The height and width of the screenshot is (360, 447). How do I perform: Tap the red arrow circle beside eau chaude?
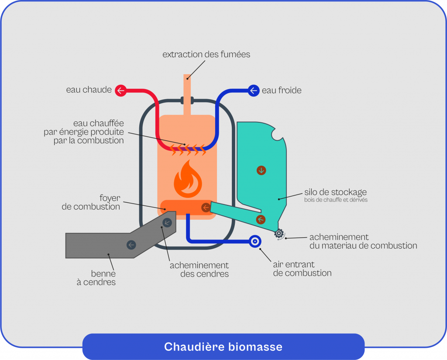[120, 91]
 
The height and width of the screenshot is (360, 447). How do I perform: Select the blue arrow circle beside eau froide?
[254, 91]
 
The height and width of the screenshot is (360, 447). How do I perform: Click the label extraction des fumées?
[206, 55]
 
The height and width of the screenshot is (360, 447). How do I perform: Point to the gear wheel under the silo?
[279, 234]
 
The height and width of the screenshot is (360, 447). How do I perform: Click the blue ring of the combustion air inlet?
[254, 241]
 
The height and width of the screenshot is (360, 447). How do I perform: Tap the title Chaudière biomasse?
[223, 347]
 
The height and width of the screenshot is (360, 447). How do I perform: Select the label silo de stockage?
[335, 192]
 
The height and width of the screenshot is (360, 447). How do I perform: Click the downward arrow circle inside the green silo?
[261, 170]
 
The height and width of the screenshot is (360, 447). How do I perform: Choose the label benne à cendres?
[103, 278]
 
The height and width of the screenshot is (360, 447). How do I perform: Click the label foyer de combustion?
[91, 202]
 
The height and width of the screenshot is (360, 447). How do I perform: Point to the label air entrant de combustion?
[302, 269]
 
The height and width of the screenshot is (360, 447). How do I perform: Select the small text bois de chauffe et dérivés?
[336, 200]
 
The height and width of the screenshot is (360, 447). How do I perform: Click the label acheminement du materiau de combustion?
[363, 241]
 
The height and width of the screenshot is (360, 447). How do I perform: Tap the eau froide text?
[282, 91]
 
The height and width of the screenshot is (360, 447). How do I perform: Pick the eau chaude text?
[89, 90]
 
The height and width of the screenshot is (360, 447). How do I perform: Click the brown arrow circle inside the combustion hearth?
[205, 208]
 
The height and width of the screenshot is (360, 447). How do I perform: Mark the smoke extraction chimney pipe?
[187, 92]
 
